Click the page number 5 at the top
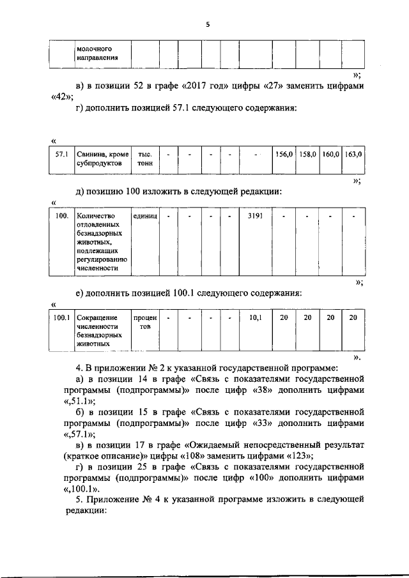(x=208, y=24)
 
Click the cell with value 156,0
(x=284, y=154)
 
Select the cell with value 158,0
(x=307, y=154)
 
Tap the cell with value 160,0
(x=330, y=154)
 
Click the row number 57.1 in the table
(x=62, y=154)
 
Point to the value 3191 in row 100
(x=255, y=216)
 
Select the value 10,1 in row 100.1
(x=255, y=317)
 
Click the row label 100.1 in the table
(x=61, y=317)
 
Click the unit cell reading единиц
(x=145, y=216)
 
